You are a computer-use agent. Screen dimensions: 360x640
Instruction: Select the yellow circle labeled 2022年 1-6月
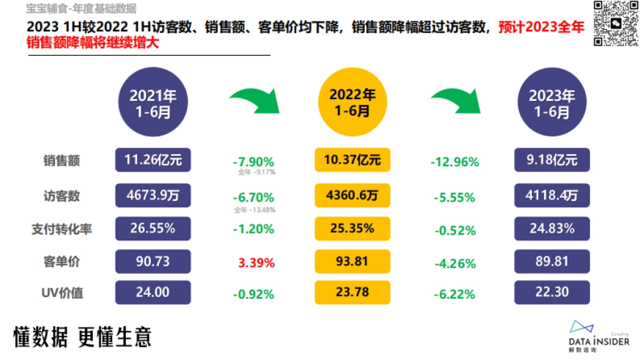pyautogui.click(x=353, y=102)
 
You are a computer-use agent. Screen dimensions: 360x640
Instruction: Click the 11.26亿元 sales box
pyautogui.click(x=153, y=160)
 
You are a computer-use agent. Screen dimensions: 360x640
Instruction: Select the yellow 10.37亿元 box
pyautogui.click(x=353, y=160)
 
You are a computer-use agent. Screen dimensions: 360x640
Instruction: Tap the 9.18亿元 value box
pyautogui.click(x=552, y=160)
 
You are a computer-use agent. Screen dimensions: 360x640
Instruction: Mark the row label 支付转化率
pyautogui.click(x=62, y=229)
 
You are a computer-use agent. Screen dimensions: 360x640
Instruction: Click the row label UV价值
pyautogui.click(x=62, y=293)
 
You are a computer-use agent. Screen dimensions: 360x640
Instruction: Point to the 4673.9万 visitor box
pyautogui.click(x=153, y=195)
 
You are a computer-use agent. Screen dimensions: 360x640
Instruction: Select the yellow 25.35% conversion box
pyautogui.click(x=353, y=229)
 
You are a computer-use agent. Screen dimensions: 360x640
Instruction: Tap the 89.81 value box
pyautogui.click(x=552, y=261)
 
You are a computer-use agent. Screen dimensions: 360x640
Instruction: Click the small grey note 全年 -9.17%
pyautogui.click(x=257, y=173)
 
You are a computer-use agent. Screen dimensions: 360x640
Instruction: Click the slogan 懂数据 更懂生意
pyautogui.click(x=83, y=337)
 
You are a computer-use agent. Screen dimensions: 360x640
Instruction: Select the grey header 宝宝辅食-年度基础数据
pyautogui.click(x=81, y=9)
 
